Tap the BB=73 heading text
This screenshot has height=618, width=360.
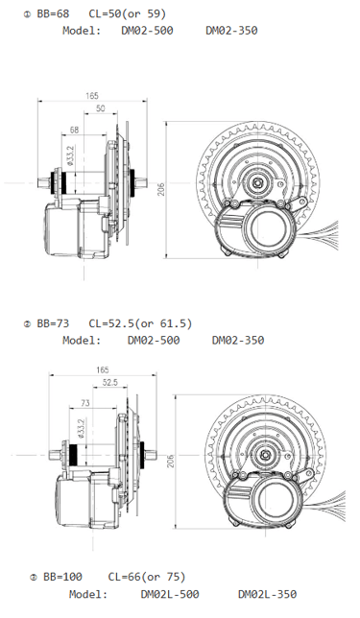point(53,323)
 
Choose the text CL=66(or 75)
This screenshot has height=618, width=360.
point(147,577)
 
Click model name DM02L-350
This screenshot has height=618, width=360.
point(266,595)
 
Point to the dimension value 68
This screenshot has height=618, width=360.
point(75,130)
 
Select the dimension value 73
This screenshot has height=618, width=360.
point(84,404)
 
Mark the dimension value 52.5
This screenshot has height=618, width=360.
point(108,382)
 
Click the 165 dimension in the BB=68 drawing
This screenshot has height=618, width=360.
point(92,96)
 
